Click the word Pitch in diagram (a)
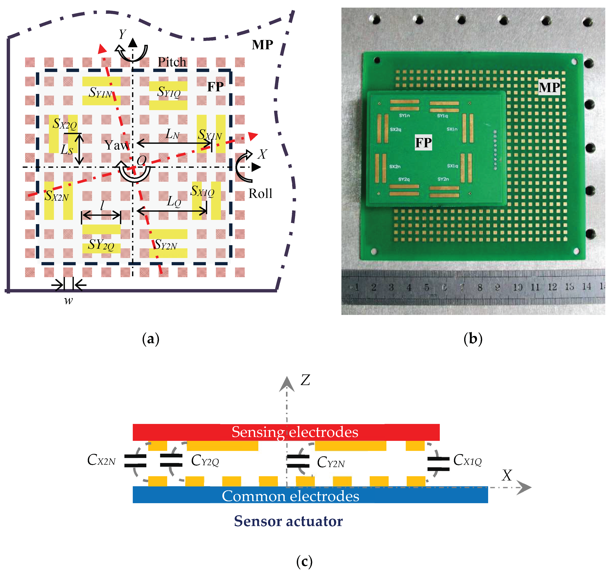coord(172,62)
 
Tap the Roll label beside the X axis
coord(260,194)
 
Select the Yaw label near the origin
coord(117,145)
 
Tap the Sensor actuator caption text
coord(288,521)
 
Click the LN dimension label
coord(172,134)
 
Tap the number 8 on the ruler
coord(480,287)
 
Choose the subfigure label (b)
coord(473,339)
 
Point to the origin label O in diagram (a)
coord(142,160)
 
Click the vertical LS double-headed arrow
coord(79,149)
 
